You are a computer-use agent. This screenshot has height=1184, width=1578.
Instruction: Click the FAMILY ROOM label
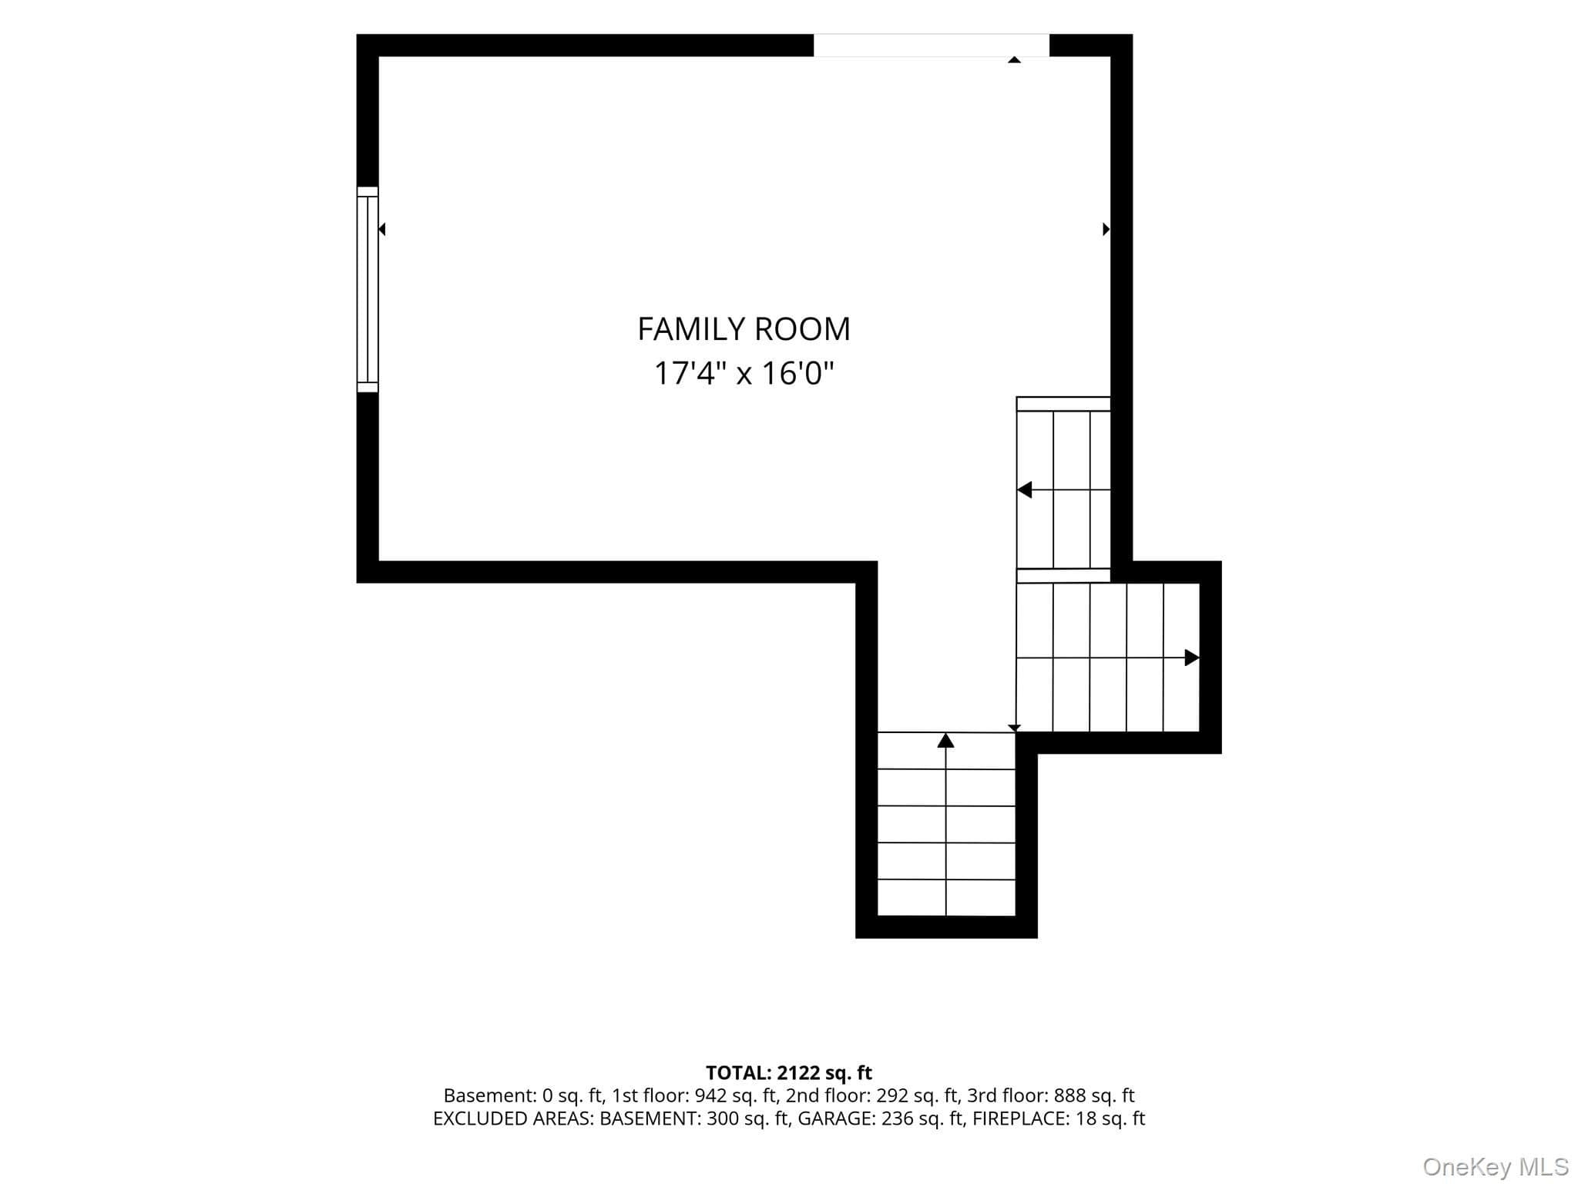(744, 329)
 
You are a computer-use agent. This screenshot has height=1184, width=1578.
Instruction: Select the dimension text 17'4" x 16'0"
(744, 374)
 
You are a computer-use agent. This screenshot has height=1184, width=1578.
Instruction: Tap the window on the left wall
(368, 290)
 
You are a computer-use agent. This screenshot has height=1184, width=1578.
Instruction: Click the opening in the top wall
(932, 45)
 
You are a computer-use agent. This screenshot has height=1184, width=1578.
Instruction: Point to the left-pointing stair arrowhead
(1024, 489)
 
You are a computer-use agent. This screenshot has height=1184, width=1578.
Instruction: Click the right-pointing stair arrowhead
(1192, 658)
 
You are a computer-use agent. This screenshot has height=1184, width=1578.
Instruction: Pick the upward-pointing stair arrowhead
(945, 740)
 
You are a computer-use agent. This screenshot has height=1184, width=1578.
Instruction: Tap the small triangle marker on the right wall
(1106, 229)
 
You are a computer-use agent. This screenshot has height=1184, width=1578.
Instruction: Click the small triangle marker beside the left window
(381, 229)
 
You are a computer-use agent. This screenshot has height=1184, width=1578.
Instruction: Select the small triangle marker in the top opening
(1015, 59)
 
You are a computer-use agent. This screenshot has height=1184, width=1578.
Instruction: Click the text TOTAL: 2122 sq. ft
(789, 1073)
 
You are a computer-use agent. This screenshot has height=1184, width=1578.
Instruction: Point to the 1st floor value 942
(710, 1095)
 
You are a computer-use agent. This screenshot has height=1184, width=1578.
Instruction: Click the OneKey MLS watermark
(1496, 1167)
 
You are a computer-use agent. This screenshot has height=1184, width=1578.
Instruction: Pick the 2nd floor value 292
(892, 1095)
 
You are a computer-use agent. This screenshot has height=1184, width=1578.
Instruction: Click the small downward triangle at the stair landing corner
(1015, 728)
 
